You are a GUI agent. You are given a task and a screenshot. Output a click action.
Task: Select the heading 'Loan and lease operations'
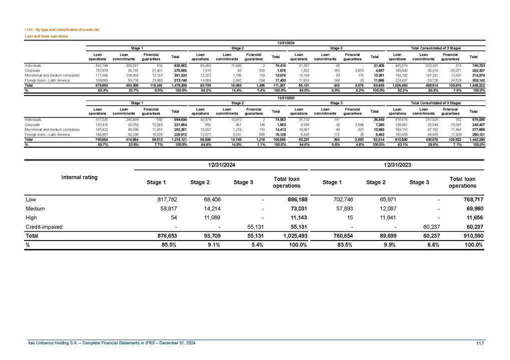tap(47, 36)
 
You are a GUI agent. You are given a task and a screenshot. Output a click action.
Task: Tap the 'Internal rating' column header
tap(79, 177)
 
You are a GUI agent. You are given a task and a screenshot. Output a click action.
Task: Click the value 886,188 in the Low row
tap(294, 199)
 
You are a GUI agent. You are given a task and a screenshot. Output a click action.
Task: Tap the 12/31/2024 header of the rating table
tap(221, 164)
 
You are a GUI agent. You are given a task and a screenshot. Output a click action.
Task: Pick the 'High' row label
tap(31, 217)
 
